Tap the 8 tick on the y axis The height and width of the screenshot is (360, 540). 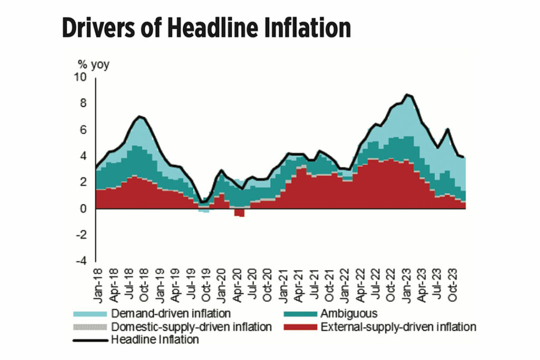click(x=83, y=103)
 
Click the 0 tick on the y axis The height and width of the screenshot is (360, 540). click(x=83, y=209)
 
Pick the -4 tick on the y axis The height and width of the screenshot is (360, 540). click(x=81, y=261)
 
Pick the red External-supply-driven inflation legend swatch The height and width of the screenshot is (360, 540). click(x=299, y=327)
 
